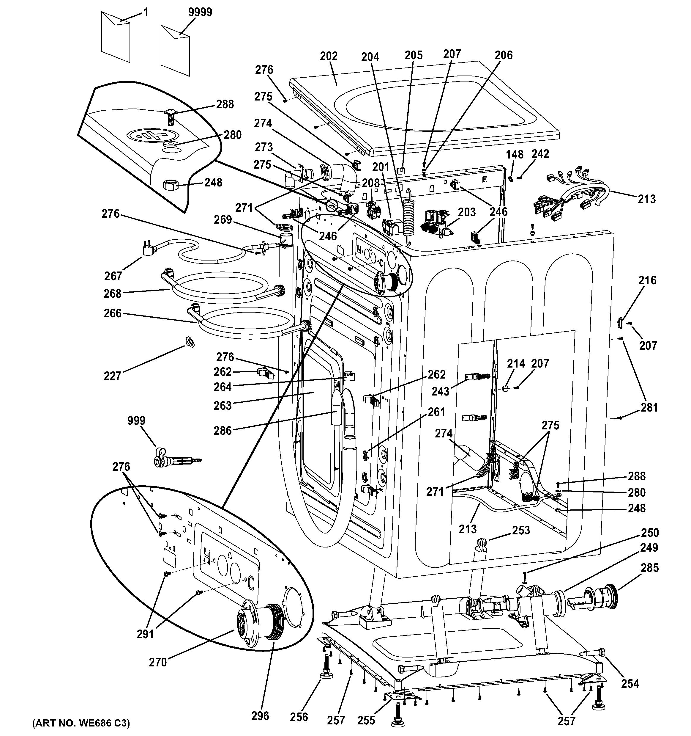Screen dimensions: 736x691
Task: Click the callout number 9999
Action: click(x=200, y=12)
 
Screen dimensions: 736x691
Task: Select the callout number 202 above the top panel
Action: click(x=329, y=56)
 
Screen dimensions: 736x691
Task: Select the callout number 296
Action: click(x=260, y=716)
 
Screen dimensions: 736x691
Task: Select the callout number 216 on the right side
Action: click(x=647, y=280)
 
